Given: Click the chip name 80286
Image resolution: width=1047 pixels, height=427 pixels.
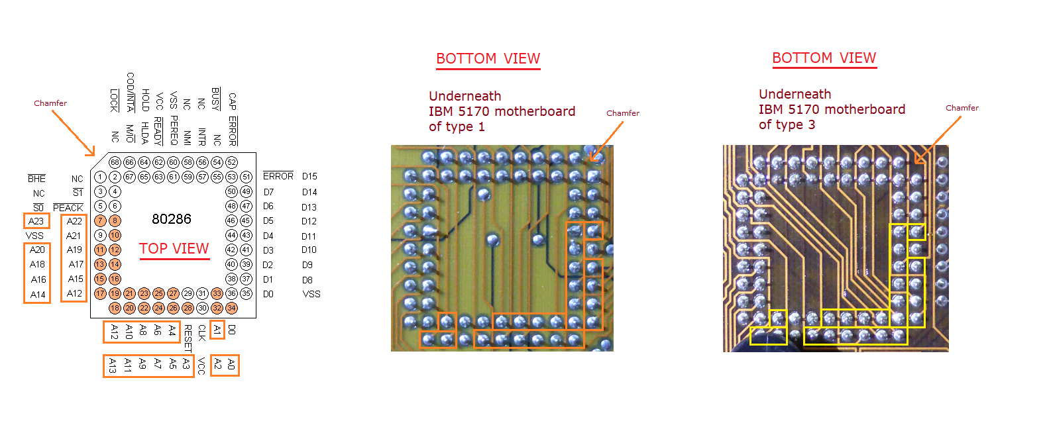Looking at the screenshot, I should point(172,219).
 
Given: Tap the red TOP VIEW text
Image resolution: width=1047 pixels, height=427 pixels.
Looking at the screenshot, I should point(174,249).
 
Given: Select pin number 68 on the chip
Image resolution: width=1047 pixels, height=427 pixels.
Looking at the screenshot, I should point(115,162).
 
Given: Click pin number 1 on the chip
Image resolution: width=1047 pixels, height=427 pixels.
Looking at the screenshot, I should point(100,177).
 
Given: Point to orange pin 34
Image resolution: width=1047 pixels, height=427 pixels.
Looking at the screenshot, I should point(231,308).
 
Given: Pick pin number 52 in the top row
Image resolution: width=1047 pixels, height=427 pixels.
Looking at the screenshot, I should point(231,162).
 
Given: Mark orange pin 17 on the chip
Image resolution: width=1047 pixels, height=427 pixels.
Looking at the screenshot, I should point(100,293).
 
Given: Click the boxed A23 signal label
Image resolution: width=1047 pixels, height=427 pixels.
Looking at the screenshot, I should point(36,221).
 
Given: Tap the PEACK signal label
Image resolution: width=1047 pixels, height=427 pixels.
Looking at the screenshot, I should point(68,208).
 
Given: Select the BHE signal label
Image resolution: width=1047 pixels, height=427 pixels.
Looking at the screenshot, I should point(37,179).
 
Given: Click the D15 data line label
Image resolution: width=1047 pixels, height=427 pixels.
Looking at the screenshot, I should point(309,177).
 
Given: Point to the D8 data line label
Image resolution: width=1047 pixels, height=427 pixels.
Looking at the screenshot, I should point(307,280).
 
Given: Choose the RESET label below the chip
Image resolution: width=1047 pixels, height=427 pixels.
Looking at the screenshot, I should point(188,338).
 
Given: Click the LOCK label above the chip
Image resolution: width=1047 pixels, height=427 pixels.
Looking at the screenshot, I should point(115,100).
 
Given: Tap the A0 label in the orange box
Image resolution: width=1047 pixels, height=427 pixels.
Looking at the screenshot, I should point(231,364).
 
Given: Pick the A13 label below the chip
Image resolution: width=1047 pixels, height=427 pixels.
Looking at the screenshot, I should point(113,366).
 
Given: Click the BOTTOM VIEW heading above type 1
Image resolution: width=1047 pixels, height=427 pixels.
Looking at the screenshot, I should point(488,59).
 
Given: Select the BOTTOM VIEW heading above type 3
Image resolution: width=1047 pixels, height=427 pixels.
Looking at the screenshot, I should point(824,58).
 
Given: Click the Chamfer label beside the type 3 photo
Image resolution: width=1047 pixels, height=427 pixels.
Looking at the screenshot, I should point(962,108).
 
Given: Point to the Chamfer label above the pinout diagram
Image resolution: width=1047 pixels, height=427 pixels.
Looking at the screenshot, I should point(50,103).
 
